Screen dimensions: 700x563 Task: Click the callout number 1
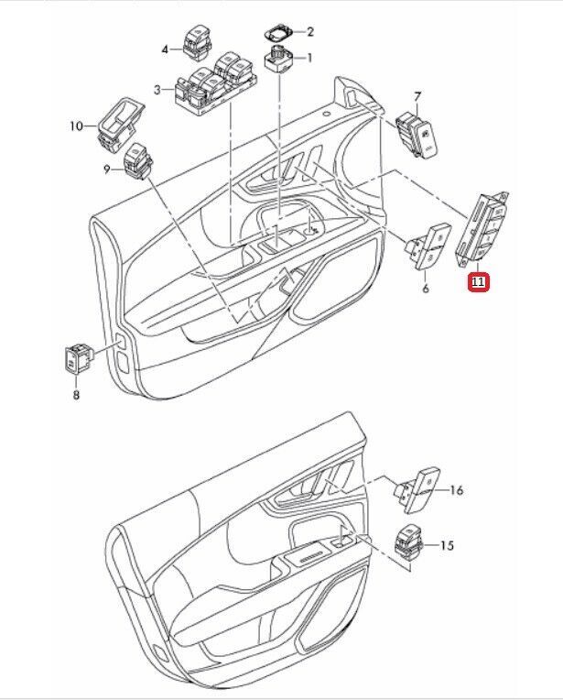[x=309, y=59]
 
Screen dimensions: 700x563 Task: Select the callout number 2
[x=309, y=31]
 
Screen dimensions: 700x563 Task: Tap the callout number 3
[x=157, y=89]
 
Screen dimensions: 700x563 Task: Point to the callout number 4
[x=166, y=49]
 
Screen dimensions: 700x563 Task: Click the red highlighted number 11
[x=479, y=283]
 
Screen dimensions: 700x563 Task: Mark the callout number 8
[x=76, y=395]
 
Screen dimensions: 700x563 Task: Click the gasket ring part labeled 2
[x=277, y=32]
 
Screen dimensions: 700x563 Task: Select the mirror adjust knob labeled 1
[x=278, y=62]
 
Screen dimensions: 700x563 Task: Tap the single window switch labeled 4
[x=197, y=40]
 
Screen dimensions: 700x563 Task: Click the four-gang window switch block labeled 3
[x=215, y=87]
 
